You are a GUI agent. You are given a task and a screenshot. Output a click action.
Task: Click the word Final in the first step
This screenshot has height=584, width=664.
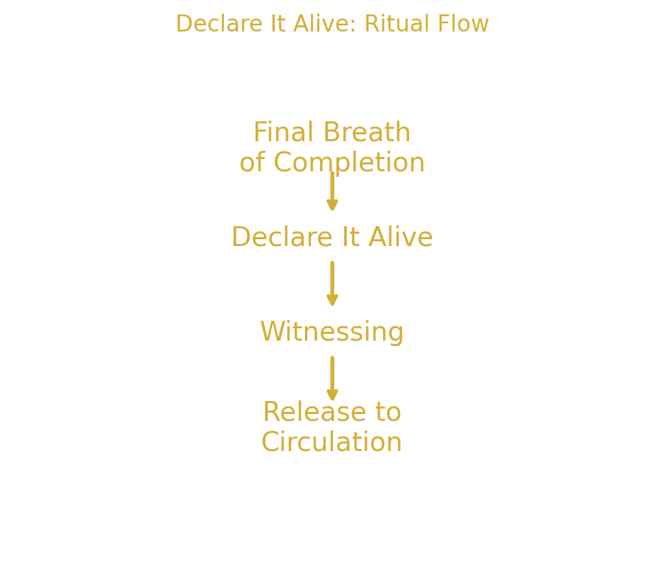point(284,132)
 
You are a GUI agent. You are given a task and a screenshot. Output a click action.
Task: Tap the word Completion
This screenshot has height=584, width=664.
point(349,163)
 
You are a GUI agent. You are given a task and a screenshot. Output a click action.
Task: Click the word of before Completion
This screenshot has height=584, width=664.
point(252,163)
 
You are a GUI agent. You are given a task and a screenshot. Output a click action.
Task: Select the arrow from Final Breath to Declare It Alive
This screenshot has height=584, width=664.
point(332,191)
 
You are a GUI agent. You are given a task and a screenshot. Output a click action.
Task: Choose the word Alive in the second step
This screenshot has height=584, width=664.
point(400,237)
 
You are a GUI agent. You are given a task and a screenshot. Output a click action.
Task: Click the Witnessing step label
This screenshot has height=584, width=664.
point(332,332)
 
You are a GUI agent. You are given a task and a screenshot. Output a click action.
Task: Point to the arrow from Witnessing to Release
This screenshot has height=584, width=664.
point(332,376)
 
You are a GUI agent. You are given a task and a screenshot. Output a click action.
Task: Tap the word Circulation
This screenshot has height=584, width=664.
point(332,441)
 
